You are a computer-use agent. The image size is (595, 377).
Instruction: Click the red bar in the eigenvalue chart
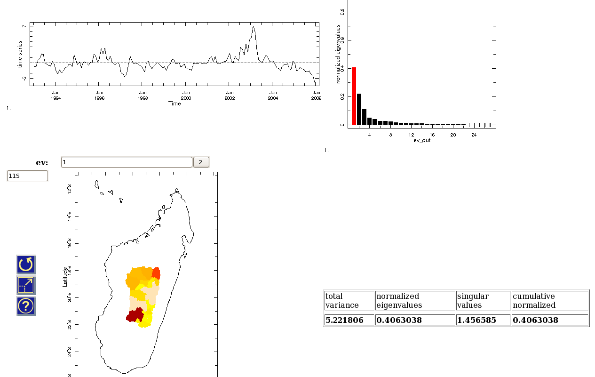[x=354, y=96]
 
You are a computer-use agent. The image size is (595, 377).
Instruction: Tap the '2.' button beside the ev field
[x=201, y=162]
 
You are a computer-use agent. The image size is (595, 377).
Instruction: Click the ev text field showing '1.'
[x=127, y=162]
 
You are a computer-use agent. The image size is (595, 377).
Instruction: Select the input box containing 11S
[x=27, y=176]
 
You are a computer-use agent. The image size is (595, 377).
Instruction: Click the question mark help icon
[x=26, y=306]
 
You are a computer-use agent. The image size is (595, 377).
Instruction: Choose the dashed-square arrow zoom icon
[x=26, y=285]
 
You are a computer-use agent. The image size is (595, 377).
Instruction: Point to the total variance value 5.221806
[x=344, y=320]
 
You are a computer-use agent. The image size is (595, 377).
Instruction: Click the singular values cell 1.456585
[x=476, y=320]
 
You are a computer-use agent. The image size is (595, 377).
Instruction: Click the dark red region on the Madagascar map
[x=135, y=315]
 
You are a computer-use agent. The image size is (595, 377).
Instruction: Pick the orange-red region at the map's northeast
[x=156, y=273]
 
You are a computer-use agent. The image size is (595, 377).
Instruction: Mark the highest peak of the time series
[x=254, y=27]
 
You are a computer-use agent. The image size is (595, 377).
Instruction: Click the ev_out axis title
[x=422, y=140]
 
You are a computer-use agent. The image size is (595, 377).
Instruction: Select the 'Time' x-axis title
[x=175, y=104]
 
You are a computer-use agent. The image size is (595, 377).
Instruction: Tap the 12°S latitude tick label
[x=70, y=189]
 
